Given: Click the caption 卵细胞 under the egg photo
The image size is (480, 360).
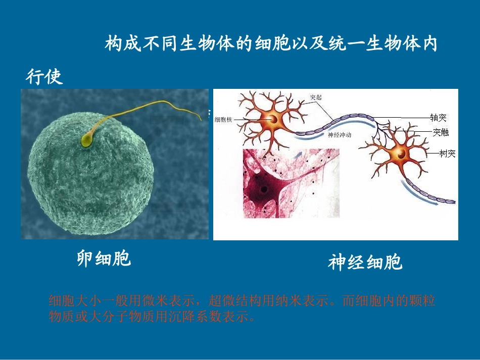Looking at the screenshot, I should tap(104, 259).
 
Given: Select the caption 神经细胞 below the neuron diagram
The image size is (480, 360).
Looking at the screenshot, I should tap(365, 263).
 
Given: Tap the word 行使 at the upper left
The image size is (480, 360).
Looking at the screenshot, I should tap(44, 77).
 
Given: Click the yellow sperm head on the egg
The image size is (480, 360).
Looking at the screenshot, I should tap(86, 141).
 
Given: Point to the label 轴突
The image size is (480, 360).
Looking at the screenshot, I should tap(438, 118).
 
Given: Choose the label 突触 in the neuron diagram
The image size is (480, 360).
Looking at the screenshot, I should tap(440, 133).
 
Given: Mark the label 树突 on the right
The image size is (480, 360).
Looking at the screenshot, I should tap(447, 153).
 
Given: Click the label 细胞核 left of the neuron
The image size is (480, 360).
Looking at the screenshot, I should tap(223, 120).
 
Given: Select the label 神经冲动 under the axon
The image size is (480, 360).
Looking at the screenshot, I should tap(340, 135).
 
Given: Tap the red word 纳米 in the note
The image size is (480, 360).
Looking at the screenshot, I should tap(281, 301).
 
